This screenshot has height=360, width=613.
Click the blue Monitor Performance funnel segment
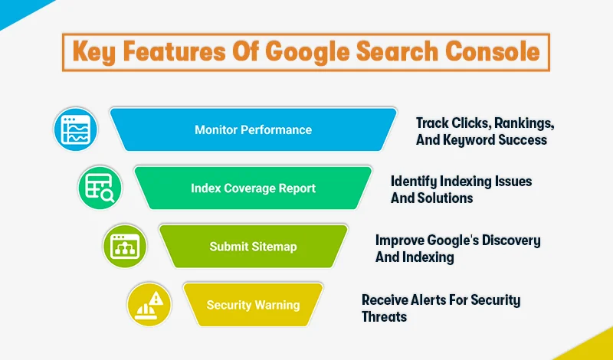[x=253, y=129]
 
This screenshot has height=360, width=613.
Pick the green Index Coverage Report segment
[x=253, y=188]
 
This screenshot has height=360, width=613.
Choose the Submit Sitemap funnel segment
[x=253, y=247]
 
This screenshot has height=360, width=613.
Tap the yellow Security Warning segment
[x=253, y=305]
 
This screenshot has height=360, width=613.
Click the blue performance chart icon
[x=75, y=129]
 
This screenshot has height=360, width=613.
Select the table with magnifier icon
[x=100, y=188]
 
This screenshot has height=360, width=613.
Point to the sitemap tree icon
[x=124, y=246]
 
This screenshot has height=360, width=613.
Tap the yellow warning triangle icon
[x=149, y=304]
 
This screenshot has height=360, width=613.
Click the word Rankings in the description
[x=521, y=123]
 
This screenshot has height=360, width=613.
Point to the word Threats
[x=384, y=316]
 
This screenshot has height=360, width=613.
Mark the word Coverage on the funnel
[x=252, y=188]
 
